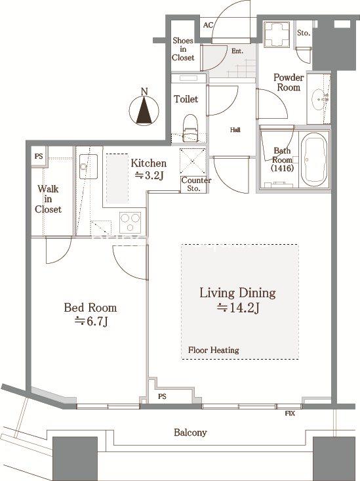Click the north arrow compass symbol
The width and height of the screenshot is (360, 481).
coord(144,110)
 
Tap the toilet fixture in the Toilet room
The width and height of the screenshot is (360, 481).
coord(190,128)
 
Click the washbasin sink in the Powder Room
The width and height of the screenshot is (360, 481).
coord(319,99)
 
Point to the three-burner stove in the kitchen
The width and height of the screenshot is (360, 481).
coord(130,222)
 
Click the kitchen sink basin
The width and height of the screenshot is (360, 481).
coord(89,166)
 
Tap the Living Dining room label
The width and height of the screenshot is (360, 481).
coord(237,301)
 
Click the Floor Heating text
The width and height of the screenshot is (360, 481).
coord(213,350)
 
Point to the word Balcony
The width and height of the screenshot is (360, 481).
coord(190,432)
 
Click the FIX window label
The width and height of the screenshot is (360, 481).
coord(290,413)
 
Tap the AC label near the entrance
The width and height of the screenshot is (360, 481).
coord(208,25)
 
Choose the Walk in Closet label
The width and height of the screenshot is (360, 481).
coord(48,199)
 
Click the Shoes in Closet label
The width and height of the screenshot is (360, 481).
coord(183,49)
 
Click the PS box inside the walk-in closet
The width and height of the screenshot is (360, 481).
coord(39,156)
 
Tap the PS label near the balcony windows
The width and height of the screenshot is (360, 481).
coord(162,396)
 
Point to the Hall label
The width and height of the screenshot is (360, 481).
coord(235,130)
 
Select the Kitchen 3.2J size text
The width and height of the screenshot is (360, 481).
coord(149,169)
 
